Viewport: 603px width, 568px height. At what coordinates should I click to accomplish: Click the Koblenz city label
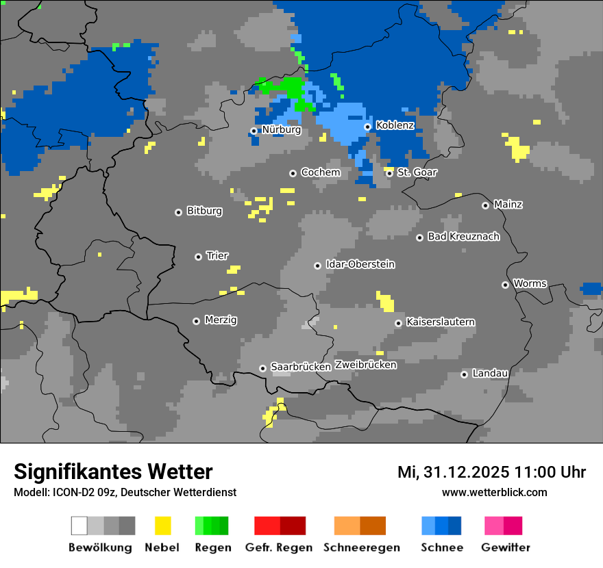(x=395, y=125)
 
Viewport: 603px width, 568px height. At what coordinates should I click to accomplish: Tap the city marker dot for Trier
(x=199, y=257)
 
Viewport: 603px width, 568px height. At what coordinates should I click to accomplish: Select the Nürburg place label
(x=281, y=129)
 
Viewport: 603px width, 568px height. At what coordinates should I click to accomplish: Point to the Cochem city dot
(x=293, y=173)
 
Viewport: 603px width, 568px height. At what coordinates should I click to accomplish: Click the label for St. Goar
(x=417, y=172)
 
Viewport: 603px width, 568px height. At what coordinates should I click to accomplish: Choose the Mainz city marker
(x=485, y=205)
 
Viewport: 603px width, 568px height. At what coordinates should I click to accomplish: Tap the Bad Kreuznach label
(x=463, y=237)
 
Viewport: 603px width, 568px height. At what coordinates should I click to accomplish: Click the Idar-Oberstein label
(x=360, y=264)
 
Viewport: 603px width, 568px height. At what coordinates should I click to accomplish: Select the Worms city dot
(x=505, y=285)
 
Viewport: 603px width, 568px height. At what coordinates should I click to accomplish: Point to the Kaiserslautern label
(x=440, y=322)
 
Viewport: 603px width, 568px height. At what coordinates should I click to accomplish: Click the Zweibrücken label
(x=365, y=365)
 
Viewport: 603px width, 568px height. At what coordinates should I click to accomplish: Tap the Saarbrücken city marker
(x=262, y=368)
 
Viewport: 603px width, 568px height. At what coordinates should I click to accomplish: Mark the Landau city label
(x=490, y=374)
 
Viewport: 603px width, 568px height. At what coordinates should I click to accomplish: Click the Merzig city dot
(x=197, y=321)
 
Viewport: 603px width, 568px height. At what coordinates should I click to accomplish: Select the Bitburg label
(x=204, y=211)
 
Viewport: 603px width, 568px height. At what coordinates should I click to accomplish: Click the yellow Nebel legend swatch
(x=162, y=526)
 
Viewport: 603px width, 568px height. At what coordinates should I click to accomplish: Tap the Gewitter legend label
(x=505, y=547)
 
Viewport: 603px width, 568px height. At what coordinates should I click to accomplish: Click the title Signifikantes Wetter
(x=113, y=472)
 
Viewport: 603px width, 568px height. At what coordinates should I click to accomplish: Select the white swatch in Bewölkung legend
(x=79, y=526)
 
